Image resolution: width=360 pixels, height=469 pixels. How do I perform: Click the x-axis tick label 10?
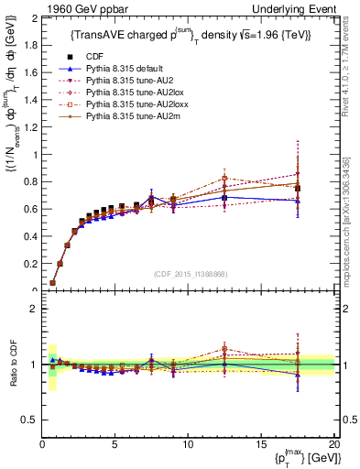coord(187,445)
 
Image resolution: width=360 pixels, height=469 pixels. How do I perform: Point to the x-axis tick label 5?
coord(115,445)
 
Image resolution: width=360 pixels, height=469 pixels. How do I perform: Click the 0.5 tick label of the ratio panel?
coord(30,420)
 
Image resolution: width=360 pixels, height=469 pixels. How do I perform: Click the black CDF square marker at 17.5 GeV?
coord(297,189)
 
